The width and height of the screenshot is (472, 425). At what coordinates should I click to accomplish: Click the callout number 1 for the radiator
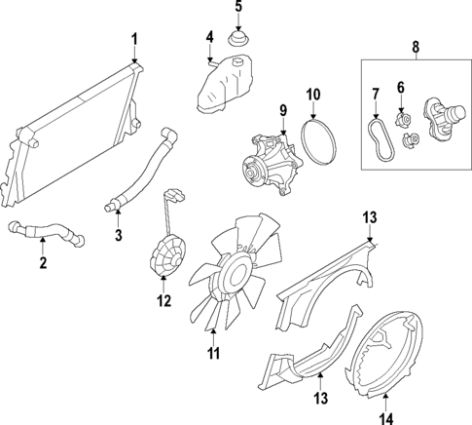(134, 39)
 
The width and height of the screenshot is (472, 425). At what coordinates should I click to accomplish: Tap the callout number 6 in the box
(401, 86)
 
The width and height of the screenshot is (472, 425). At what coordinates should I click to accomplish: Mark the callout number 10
(313, 96)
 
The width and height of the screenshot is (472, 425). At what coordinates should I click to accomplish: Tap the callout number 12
(164, 302)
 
